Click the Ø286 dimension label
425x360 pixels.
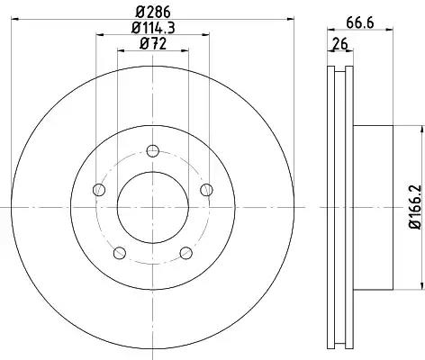pyautogui.click(x=153, y=13)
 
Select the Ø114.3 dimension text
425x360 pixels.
pyautogui.click(x=153, y=29)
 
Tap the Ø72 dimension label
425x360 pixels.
pyautogui.click(x=153, y=44)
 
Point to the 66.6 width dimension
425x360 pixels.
pyautogui.click(x=360, y=22)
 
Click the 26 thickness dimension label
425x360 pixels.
pyautogui.click(x=340, y=44)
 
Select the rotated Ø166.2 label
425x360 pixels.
pyautogui.click(x=415, y=207)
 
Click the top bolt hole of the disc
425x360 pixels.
pyautogui.click(x=153, y=150)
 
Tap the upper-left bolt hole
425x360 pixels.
pyautogui.click(x=99, y=190)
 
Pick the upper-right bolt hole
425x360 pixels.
pyautogui.click(x=206, y=190)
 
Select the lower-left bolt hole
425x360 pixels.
pyautogui.click(x=120, y=253)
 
